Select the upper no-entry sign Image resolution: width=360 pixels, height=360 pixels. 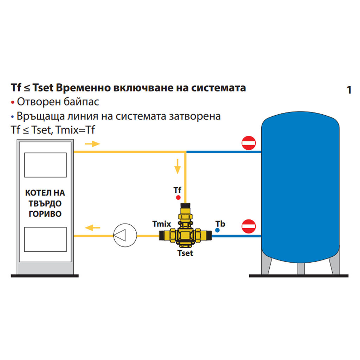[249, 143]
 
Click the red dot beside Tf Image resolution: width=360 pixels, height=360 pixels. [178, 197]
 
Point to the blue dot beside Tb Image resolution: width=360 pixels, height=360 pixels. [217, 230]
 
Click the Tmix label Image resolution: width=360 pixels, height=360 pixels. [161, 224]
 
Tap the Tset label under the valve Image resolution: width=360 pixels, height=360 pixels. [185, 253]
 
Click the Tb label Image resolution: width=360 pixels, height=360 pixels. [220, 224]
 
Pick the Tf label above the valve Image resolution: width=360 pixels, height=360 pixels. [178, 190]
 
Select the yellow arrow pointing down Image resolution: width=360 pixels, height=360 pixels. [178, 166]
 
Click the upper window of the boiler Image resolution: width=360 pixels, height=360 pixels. [45, 165]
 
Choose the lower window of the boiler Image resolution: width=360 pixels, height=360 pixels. [45, 239]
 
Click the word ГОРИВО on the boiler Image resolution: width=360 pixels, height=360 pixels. [45, 214]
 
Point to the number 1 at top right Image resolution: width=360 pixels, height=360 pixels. [349, 90]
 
